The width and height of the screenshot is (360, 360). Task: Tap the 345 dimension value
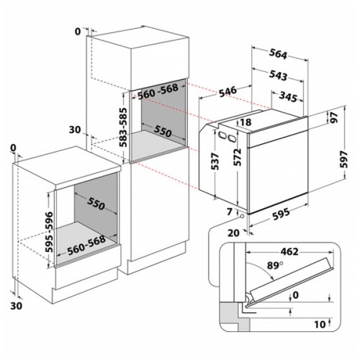290,95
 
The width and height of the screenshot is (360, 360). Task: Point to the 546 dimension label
229,90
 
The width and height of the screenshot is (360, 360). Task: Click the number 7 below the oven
228,210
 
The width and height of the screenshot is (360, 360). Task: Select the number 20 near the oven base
233,233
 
